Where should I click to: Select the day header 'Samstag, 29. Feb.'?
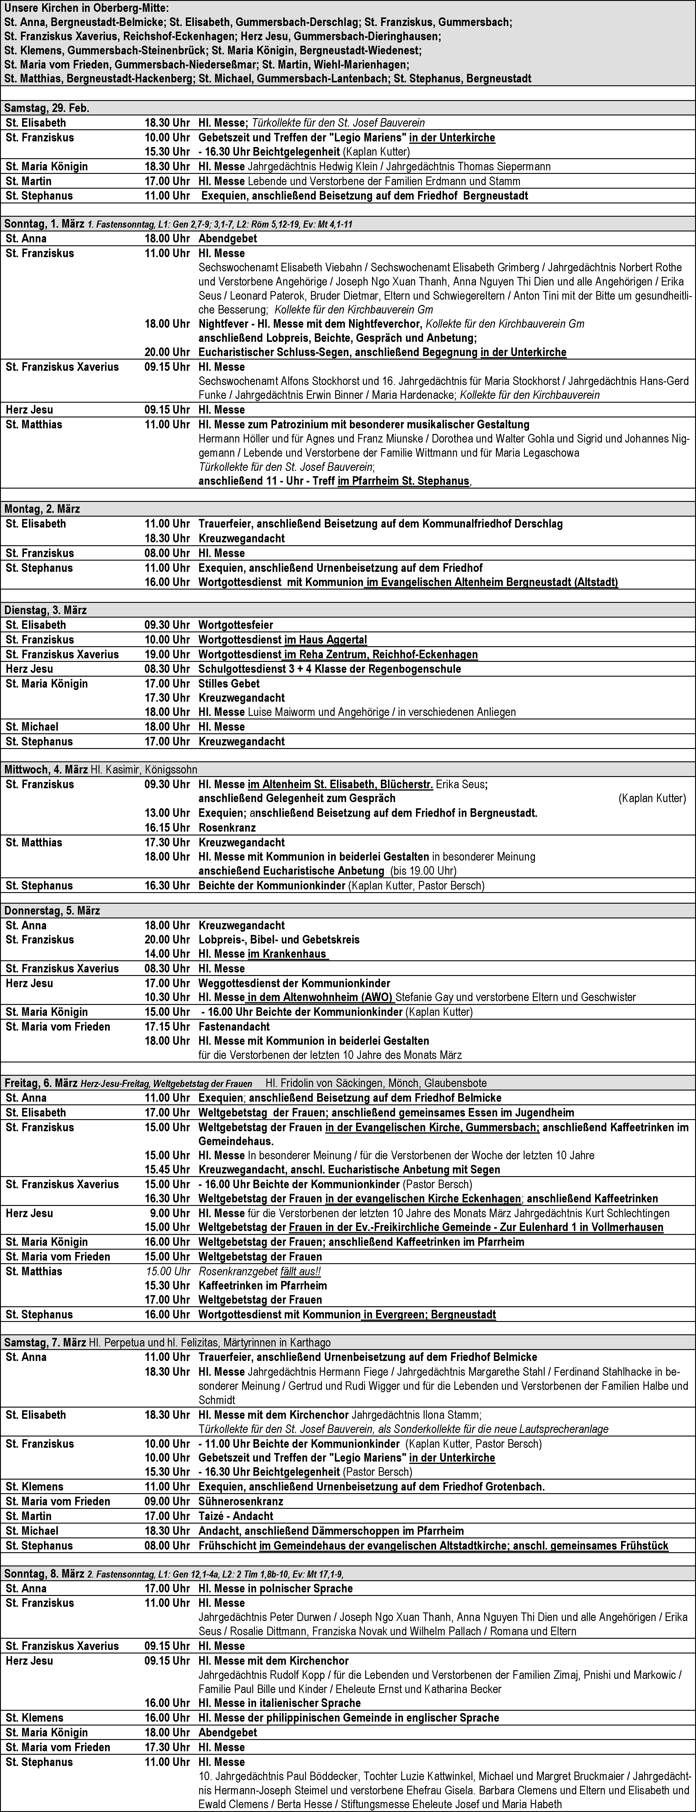tap(47, 108)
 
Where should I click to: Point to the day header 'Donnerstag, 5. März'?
tap(53, 910)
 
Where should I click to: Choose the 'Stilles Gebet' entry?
tap(229, 683)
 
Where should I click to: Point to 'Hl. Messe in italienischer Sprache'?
tap(280, 1703)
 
